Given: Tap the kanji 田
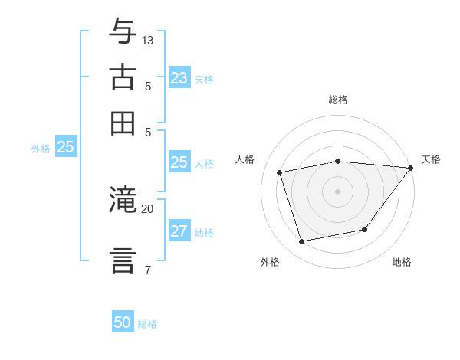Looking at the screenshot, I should (x=122, y=123).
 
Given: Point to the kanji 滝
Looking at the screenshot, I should (x=122, y=200).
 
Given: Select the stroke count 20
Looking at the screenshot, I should (x=148, y=208).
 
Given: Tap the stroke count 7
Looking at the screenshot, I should (x=147, y=270).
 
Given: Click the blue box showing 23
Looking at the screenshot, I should (x=179, y=78).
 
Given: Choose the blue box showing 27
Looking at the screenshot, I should (x=179, y=232).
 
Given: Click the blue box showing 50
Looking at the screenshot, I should (x=123, y=322).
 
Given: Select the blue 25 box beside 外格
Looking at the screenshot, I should (x=65, y=148).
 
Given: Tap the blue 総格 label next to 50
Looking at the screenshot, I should (x=148, y=324).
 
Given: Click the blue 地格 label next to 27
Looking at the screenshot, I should (x=204, y=233).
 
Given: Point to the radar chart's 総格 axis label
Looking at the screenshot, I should (x=338, y=100).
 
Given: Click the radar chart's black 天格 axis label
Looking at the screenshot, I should (x=431, y=159).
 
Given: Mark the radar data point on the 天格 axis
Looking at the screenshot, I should (x=410, y=168).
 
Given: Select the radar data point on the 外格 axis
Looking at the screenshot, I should (x=302, y=241).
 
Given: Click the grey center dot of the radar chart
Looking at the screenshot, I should (x=338, y=191).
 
